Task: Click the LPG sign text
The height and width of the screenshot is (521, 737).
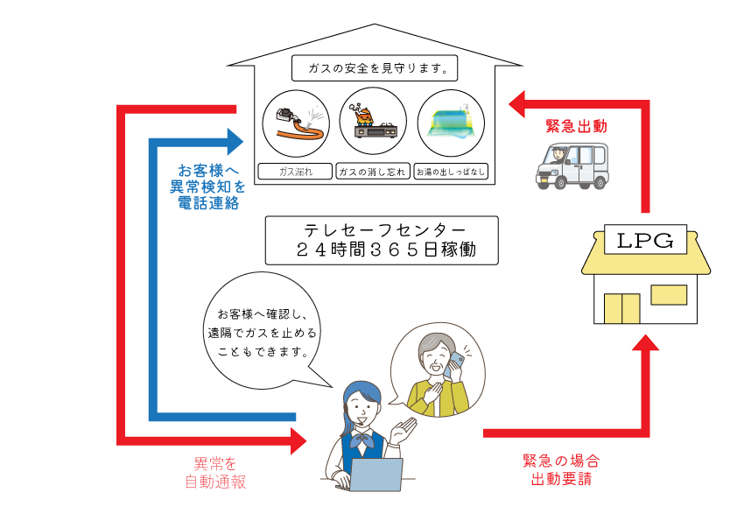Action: pos(645,240)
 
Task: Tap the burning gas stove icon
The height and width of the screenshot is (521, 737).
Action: pos(374,123)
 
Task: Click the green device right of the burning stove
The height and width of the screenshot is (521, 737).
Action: pos(451,123)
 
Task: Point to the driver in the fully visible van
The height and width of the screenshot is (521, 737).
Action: pos(558,156)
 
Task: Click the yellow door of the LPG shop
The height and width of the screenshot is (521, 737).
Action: pos(621,308)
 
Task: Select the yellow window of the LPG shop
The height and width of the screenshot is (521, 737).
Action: pos(669,294)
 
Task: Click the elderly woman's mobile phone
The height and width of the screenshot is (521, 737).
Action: pos(457,362)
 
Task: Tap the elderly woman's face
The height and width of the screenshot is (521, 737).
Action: pos(435,355)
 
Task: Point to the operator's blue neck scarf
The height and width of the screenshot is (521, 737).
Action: pos(361,440)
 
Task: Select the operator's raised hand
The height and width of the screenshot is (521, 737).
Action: pos(404,428)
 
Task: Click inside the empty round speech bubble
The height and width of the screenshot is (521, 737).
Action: pos(262,329)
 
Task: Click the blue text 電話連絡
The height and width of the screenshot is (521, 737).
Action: pos(208,203)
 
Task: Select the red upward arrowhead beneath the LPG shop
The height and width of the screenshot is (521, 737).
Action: pos(645,343)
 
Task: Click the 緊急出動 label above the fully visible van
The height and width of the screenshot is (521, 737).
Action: pos(576,126)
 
